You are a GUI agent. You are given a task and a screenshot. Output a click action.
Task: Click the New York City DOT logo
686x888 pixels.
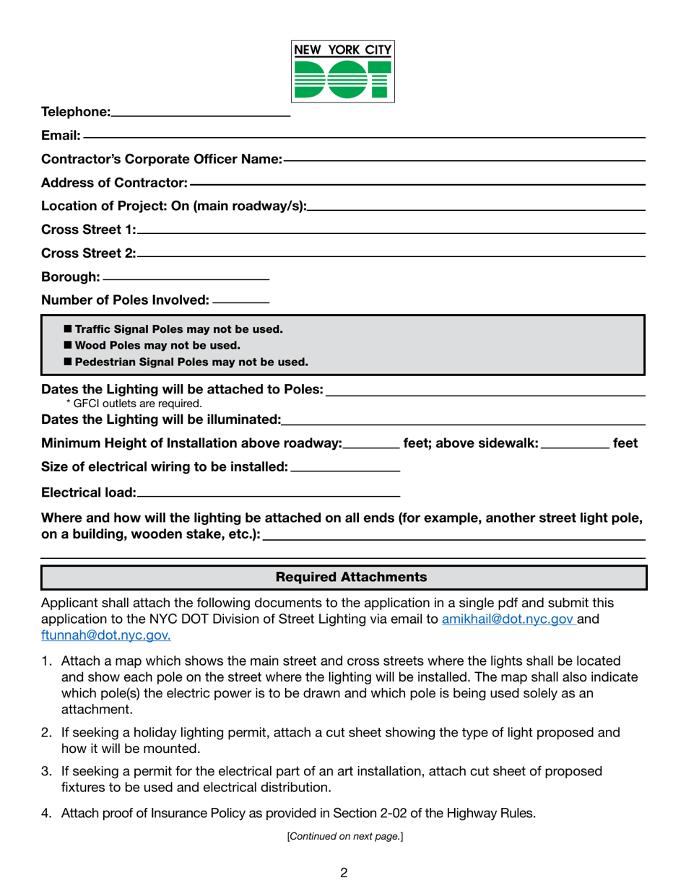343,71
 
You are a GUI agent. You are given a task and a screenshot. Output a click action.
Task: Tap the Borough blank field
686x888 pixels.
186,277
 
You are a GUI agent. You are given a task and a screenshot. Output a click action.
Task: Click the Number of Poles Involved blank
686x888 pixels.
242,300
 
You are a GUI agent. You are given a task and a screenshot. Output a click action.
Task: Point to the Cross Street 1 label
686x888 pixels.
88,230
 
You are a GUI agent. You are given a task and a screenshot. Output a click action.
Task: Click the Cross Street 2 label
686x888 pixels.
88,253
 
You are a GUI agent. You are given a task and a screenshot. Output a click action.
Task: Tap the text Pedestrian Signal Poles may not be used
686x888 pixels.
191,362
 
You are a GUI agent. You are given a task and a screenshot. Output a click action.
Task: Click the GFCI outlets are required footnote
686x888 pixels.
134,404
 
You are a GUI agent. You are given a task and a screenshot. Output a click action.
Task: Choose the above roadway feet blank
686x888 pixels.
372,445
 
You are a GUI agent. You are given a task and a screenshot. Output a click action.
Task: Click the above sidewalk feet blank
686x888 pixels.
575,445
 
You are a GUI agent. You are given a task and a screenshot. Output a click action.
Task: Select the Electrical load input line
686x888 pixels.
268,495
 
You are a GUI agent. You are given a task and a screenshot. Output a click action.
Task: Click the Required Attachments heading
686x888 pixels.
344,578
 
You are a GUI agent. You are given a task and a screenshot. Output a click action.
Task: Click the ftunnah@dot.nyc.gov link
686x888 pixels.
106,635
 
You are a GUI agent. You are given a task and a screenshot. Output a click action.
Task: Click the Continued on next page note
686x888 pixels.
344,837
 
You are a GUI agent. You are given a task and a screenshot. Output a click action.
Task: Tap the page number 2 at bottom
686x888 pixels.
344,873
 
